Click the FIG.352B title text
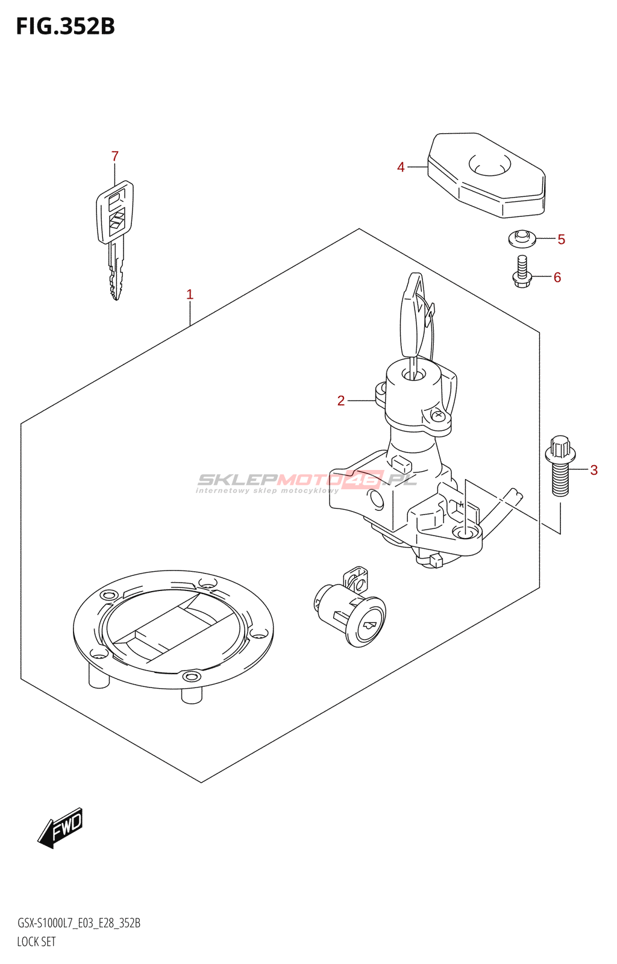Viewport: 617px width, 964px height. (x=66, y=27)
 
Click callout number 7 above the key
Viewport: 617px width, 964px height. (x=114, y=156)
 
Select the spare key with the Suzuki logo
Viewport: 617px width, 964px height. (x=114, y=239)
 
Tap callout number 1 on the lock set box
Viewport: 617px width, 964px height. (x=190, y=295)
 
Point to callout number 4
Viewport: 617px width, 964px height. (x=401, y=167)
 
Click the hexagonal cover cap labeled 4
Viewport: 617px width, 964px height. (x=486, y=175)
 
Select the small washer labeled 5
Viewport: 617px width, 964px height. (x=522, y=239)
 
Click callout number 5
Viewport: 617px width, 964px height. (x=561, y=239)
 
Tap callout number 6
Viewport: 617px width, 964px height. (x=557, y=278)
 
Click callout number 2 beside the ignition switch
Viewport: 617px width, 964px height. (x=341, y=401)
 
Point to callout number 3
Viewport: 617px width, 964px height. (x=594, y=470)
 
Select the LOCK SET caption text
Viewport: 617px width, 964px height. (x=36, y=942)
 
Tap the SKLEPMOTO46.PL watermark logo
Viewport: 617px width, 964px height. (x=306, y=482)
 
